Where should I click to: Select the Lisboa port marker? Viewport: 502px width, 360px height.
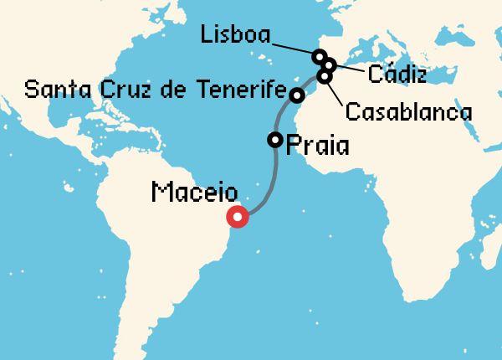(x=319, y=57)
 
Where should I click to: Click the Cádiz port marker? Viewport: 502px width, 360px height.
(x=330, y=64)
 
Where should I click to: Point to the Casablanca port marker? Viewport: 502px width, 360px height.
(x=324, y=76)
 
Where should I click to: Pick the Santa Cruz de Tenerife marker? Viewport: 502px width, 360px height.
(x=296, y=95)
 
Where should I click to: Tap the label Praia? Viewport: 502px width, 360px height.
(x=317, y=147)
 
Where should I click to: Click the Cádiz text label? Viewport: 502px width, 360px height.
(x=397, y=75)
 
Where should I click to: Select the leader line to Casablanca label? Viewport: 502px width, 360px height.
(x=335, y=91)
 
